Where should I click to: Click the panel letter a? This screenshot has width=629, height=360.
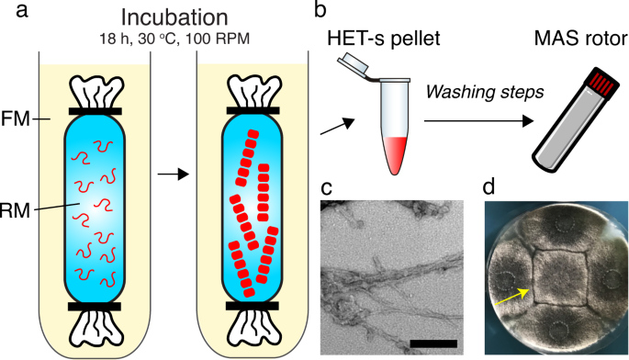coord(11,13)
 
